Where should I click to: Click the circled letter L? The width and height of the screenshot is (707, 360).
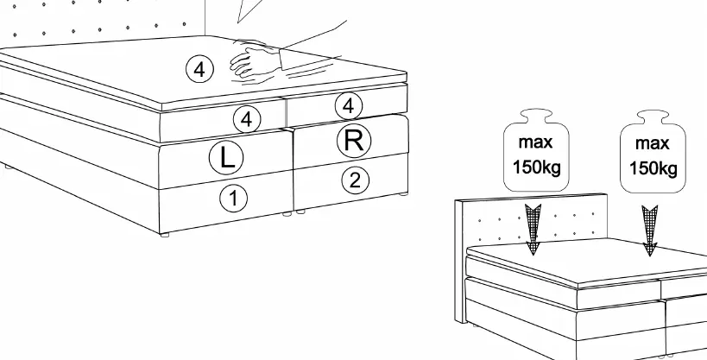click(x=226, y=157)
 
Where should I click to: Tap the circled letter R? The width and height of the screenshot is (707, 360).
click(x=354, y=141)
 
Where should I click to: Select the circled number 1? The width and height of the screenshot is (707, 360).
click(x=234, y=199)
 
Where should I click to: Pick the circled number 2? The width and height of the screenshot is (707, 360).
click(x=356, y=180)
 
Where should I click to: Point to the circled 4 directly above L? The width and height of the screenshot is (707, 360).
click(x=247, y=119)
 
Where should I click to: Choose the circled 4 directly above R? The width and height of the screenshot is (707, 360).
click(x=349, y=106)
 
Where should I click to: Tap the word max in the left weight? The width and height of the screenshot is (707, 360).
click(x=536, y=142)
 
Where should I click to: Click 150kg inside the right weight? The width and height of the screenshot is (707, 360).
click(x=653, y=168)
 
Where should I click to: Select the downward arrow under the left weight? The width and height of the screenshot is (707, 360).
click(x=533, y=229)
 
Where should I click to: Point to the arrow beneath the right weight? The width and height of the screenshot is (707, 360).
click(x=650, y=231)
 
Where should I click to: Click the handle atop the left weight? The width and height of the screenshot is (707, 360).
click(x=536, y=116)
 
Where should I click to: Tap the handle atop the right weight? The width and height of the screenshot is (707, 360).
click(x=653, y=117)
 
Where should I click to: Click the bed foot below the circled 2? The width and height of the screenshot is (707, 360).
click(x=404, y=194)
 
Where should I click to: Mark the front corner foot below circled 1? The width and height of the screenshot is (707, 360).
click(x=165, y=235)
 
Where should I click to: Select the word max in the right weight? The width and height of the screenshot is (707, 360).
click(x=652, y=144)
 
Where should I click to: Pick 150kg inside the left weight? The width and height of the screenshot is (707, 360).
click(x=537, y=167)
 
